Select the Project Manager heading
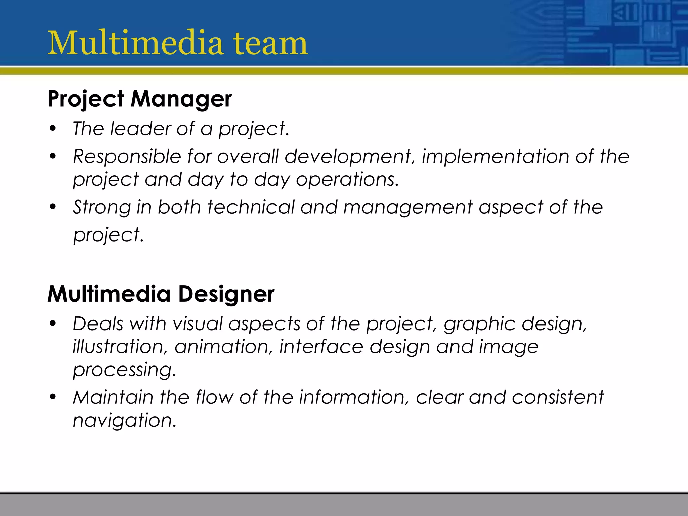tap(139, 99)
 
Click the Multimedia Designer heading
tap(161, 294)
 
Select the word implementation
tap(495, 157)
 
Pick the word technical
tap(251, 207)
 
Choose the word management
tap(408, 208)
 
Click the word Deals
tap(98, 324)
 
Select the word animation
tap(223, 347)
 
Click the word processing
tap(124, 370)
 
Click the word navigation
tap(124, 421)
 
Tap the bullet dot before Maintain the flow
tap(53, 397)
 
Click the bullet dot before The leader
tap(53, 129)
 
